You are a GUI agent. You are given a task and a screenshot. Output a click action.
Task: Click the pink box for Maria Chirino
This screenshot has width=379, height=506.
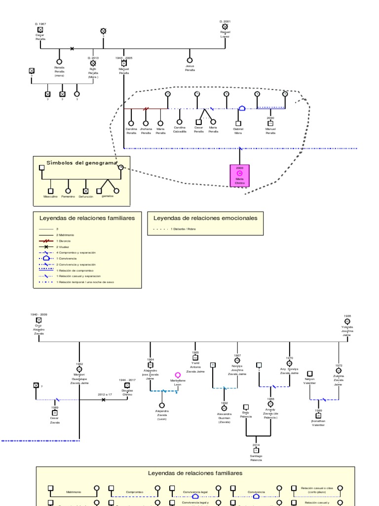239,176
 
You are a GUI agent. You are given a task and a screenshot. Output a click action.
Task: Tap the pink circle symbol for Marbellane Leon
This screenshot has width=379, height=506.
178,375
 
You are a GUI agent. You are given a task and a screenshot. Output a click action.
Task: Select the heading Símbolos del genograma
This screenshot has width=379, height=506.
81,163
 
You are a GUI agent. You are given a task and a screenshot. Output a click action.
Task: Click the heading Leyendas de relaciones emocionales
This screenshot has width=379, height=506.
205,218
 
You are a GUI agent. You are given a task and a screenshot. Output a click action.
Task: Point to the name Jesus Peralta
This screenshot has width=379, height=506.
189,68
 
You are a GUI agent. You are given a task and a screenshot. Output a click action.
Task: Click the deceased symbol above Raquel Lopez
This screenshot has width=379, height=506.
225,27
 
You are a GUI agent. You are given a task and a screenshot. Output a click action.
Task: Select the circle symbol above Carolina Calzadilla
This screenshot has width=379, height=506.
179,121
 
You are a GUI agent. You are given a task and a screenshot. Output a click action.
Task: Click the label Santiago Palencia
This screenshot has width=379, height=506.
256,458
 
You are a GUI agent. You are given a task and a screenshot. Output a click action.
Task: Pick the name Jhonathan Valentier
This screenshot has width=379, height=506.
318,423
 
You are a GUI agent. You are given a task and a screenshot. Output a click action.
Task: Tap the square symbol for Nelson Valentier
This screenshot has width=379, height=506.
309,373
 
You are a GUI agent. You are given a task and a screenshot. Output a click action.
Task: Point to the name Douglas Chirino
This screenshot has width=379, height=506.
127,392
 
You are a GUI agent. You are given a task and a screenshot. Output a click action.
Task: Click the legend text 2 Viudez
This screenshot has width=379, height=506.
63,247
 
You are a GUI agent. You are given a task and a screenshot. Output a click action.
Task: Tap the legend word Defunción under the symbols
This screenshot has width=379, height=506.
85,197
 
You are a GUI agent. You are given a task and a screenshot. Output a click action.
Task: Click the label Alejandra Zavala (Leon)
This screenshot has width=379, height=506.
161,415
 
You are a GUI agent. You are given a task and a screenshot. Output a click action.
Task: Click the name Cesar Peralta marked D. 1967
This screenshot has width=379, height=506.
40,37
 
